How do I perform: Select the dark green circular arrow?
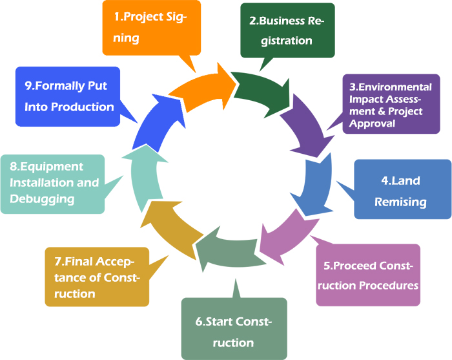tap(258, 88)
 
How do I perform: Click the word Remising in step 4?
tap(402, 202)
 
